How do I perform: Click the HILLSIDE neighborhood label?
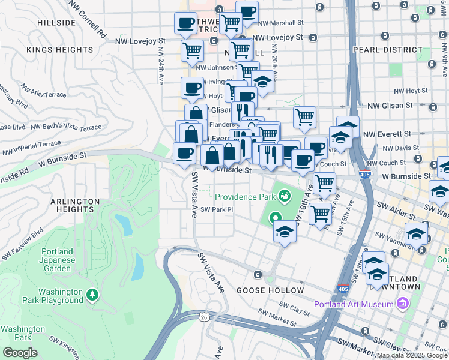(x=56, y=23)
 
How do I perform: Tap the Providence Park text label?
(x=245, y=197)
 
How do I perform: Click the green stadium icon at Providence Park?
(x=283, y=196)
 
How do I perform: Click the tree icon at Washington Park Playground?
(x=92, y=295)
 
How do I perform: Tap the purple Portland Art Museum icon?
(x=402, y=304)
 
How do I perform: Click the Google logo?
(x=20, y=353)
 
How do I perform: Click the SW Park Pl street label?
(x=217, y=209)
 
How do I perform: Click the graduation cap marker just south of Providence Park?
(x=285, y=232)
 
